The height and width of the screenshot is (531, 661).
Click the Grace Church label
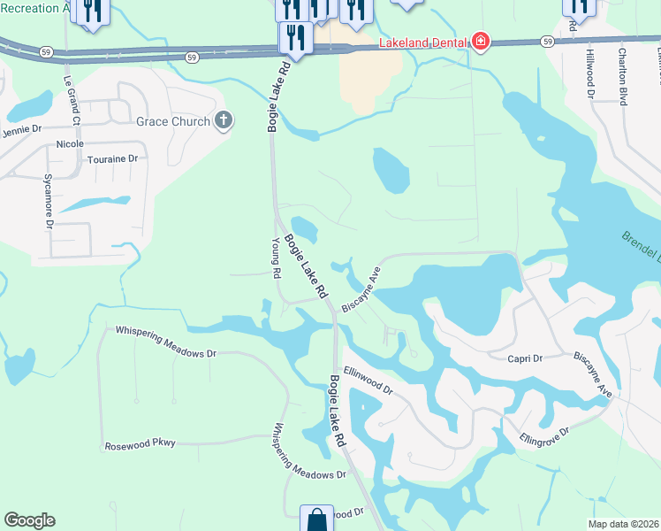coord(172,121)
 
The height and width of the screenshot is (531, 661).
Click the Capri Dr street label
coord(524,358)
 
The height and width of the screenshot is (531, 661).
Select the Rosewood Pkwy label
coord(140,444)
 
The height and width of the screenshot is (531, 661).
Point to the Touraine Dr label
coord(114,159)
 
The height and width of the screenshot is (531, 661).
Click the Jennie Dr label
coord(22,130)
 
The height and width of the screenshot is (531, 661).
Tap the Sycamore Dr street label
coord(49,201)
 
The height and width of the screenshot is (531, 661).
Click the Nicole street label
coord(70,143)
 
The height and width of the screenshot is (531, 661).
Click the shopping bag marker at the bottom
coord(316,519)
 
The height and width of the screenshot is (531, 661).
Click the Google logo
coord(29,520)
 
